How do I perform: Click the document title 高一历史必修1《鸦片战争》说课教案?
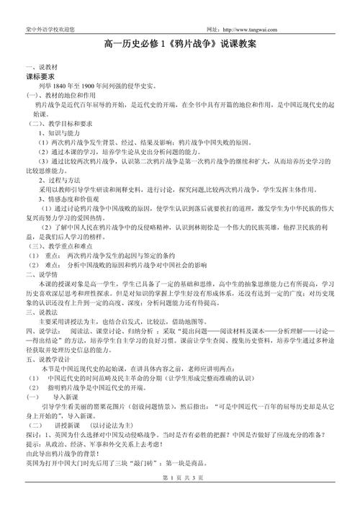(x=180, y=45)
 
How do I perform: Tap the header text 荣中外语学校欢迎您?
(x=48, y=9)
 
